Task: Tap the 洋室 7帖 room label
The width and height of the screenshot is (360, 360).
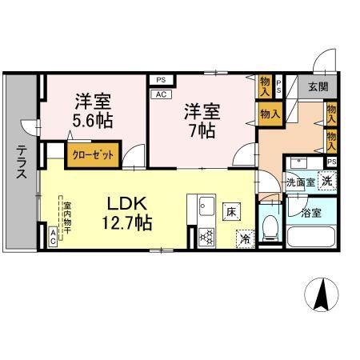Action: (x=202, y=120)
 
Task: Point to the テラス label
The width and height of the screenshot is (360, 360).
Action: (x=21, y=163)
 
